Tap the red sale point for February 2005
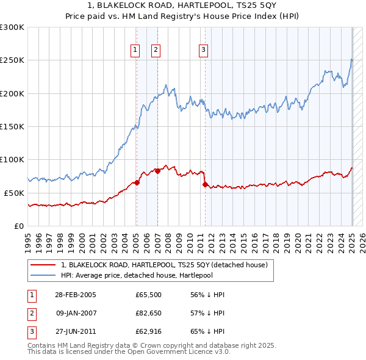click(137, 182)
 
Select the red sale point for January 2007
click(157, 171)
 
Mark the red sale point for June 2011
click(204, 184)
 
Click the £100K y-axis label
click(12, 159)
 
